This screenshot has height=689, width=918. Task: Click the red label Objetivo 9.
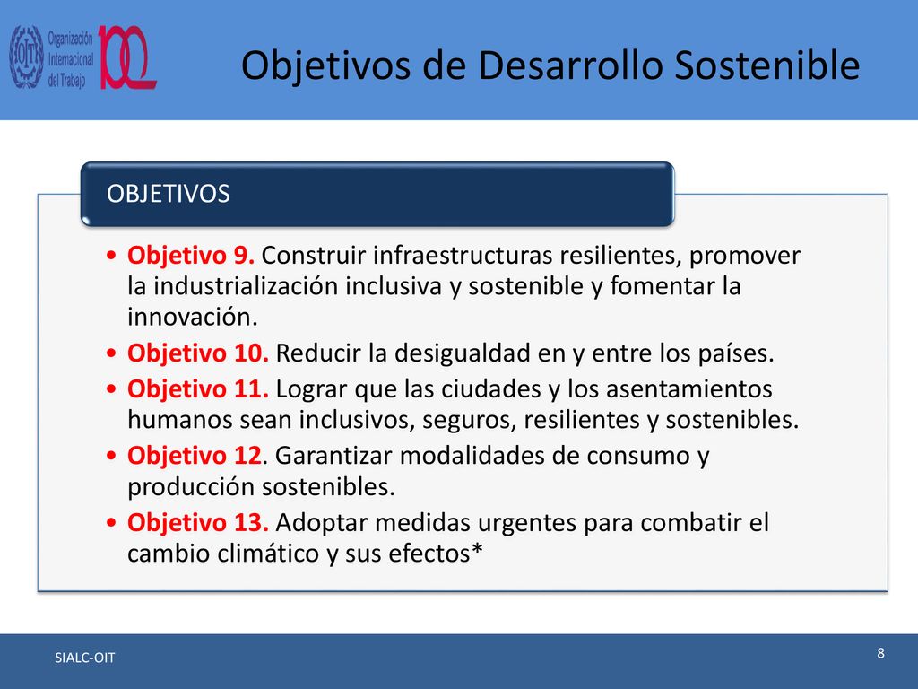click(x=191, y=256)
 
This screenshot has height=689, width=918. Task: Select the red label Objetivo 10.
click(x=198, y=353)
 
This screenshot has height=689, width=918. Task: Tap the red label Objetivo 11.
click(x=198, y=389)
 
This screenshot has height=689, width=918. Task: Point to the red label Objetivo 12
click(x=195, y=456)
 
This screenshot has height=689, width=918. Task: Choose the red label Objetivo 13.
click(x=198, y=523)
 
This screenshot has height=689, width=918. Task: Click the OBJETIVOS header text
click(x=169, y=194)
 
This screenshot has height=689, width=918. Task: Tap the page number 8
click(x=880, y=653)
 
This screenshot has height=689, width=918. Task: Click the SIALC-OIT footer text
click(x=85, y=658)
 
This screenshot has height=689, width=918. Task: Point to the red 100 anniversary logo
click(x=127, y=57)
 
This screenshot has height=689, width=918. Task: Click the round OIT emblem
click(x=26, y=57)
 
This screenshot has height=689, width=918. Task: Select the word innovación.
click(x=193, y=317)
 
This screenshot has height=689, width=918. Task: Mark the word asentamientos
click(x=689, y=389)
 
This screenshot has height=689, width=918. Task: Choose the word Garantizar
click(x=333, y=456)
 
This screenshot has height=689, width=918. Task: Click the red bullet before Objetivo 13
click(x=112, y=523)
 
